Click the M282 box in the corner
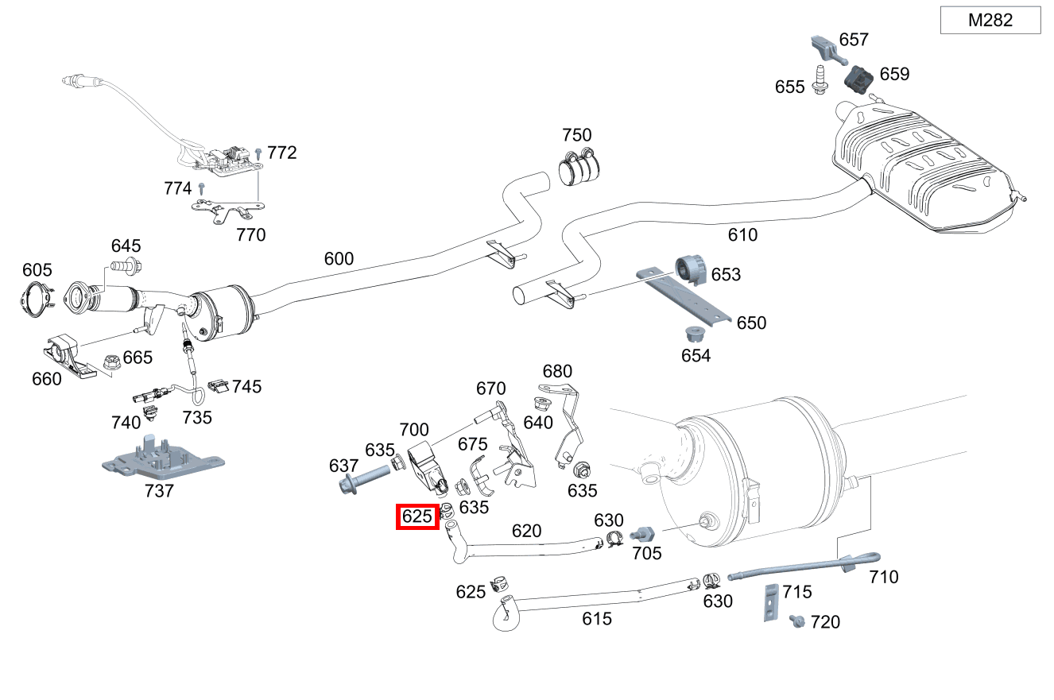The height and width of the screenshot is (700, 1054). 990,20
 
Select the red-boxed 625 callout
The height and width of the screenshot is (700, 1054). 417,516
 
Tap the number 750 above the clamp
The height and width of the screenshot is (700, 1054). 577,135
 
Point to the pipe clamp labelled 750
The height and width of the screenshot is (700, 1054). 579,166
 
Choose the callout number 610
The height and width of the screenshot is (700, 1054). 742,234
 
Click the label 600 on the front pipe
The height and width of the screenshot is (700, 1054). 339,259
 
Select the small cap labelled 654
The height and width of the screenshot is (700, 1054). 696,334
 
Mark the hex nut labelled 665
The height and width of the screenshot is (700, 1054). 110,363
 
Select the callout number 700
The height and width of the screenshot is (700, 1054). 413,430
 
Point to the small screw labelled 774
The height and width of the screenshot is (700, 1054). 203,189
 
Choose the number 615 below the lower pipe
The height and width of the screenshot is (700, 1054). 597,618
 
